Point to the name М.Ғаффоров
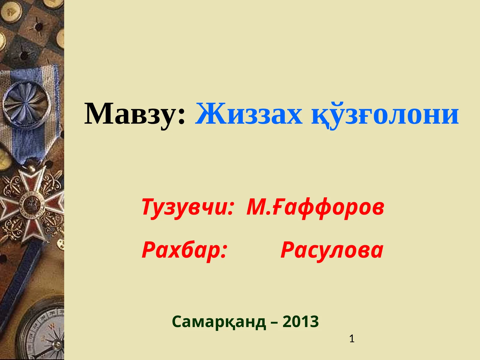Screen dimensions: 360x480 click(315, 207)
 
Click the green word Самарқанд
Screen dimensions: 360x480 click(219, 322)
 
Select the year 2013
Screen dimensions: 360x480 click(301, 322)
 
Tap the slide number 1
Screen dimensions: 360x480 click(352, 339)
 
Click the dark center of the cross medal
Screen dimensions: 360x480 click(31, 205)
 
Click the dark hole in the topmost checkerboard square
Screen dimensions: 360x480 click(38, 26)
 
